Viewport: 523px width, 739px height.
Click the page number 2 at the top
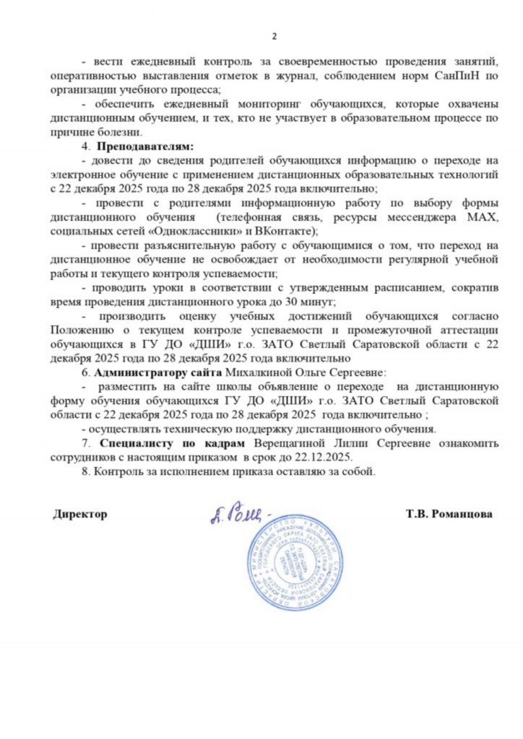point(274,37)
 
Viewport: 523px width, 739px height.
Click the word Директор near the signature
point(79,515)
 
